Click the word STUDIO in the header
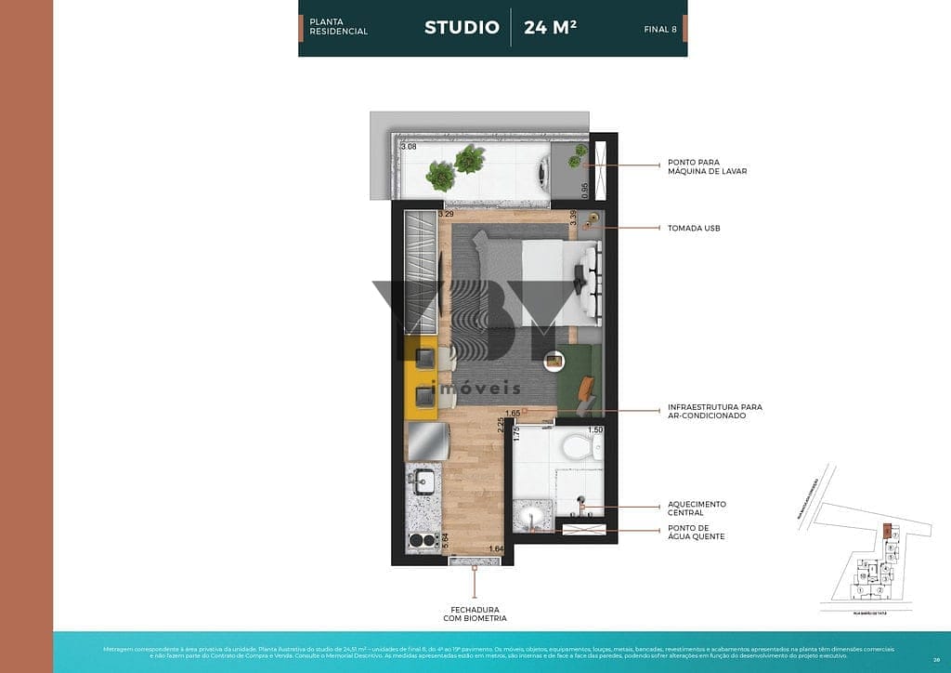[462, 27]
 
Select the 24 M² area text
[550, 27]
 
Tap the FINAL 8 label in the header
[660, 29]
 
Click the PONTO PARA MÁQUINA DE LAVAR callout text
[707, 166]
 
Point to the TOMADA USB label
[693, 228]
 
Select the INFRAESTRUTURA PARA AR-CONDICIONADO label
[714, 411]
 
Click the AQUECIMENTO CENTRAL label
[697, 508]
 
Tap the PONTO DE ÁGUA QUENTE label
[695, 533]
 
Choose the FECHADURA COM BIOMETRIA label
[475, 614]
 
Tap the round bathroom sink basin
[534, 517]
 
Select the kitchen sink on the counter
[425, 482]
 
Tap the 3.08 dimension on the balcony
[409, 147]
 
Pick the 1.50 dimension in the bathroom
[595, 429]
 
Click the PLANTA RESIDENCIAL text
[338, 27]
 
